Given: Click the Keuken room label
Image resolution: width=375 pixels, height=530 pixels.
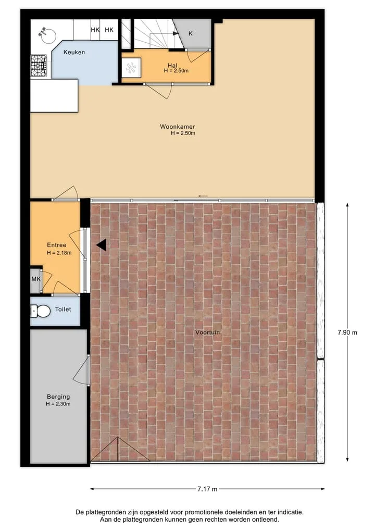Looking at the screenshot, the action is coord(74,52).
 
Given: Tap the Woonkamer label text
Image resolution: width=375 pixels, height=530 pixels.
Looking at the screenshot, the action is coord(178,127).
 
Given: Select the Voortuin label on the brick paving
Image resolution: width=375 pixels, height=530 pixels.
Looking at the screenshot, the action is coord(207,332).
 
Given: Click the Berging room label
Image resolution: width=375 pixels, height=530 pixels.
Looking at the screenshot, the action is coord(58,397).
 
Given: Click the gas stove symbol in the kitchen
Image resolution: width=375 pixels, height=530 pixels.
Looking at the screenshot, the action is coord(39,65).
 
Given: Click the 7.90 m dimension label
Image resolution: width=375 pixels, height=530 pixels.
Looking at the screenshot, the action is coord(347,332).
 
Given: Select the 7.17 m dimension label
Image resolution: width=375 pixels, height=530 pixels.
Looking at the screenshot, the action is coord(207,489).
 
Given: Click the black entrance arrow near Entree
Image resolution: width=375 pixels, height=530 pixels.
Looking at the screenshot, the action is coord(102,245).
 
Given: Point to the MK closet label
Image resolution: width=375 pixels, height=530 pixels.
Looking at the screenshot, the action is coord(36,279).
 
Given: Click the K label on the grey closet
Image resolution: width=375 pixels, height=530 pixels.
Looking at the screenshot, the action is coord(191,33).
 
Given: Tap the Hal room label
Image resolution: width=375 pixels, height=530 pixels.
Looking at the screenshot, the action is coord(172,65).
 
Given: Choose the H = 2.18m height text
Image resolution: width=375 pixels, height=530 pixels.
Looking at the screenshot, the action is coord(59,253).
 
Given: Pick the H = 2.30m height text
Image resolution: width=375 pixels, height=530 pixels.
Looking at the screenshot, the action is coord(58,404).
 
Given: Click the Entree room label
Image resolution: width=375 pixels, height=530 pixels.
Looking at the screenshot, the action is coord(56,245).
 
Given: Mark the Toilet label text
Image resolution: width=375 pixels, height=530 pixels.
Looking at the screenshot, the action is coord(63,309).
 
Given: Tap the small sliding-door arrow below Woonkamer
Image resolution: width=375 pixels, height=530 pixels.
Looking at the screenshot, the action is coord(203,196).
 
